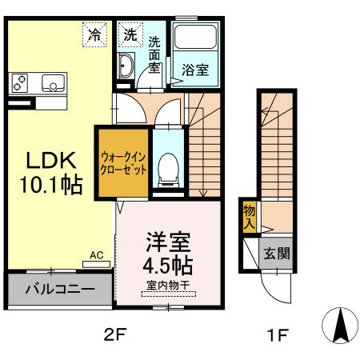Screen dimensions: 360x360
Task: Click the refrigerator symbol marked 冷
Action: [94, 34]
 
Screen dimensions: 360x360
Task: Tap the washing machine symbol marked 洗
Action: [130, 34]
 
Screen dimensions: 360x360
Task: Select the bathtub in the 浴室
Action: [195, 37]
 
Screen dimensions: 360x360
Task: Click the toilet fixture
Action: [168, 170]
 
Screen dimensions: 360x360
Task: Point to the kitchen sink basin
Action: [53, 82]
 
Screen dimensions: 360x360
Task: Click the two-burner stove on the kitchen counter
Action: [19, 82]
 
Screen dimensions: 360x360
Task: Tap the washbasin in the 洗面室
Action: [126, 66]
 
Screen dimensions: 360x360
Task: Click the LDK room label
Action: [51, 160]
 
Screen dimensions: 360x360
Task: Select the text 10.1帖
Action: [51, 185]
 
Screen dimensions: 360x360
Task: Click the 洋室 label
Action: [168, 242]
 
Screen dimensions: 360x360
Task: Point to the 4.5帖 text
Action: [168, 266]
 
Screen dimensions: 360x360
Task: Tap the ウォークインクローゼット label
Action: [123, 163]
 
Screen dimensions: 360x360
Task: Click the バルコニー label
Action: [60, 289]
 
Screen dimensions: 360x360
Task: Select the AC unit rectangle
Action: [96, 264]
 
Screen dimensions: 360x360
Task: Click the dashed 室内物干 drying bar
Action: [168, 294]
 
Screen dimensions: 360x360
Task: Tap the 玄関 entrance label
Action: [277, 253]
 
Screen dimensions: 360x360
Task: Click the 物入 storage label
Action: [250, 217]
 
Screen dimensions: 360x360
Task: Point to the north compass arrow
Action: [340, 326]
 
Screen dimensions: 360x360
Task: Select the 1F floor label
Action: [278, 335]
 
